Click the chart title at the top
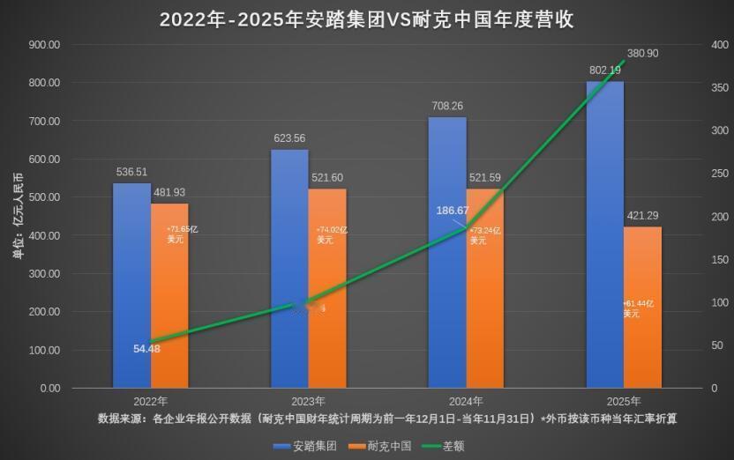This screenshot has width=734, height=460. [x=366, y=19]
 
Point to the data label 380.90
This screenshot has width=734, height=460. [x=642, y=54]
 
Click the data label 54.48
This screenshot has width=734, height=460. [x=146, y=348]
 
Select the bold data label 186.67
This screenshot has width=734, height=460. [x=455, y=211]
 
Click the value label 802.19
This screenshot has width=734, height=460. [x=604, y=70]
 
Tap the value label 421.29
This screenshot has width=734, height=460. [x=641, y=215]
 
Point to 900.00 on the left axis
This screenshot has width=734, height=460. [x=43, y=45]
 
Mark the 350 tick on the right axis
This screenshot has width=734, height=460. [x=720, y=88]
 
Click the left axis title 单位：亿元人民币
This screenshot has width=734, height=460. [x=17, y=216]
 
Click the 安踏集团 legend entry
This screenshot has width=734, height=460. [x=304, y=446]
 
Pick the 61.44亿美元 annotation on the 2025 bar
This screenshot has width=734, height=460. [x=640, y=308]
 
